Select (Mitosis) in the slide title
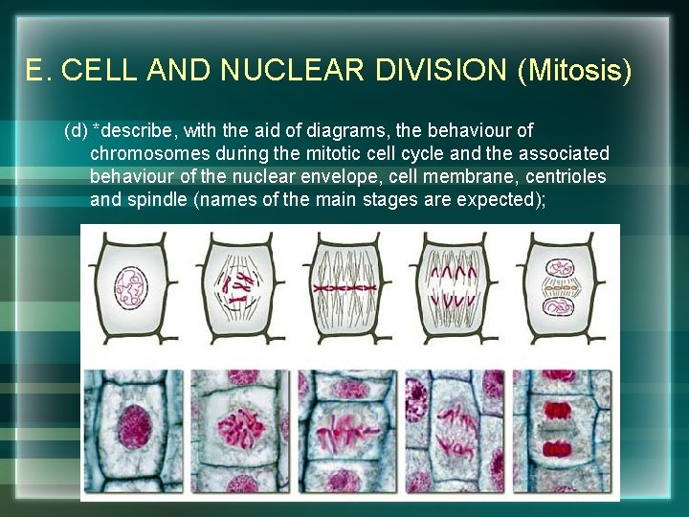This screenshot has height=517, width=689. coord(574,71)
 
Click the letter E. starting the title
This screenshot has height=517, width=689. coord(36,71)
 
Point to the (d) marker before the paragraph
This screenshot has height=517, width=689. coord(76,129)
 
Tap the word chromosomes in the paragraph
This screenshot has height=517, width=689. coord(142,153)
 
